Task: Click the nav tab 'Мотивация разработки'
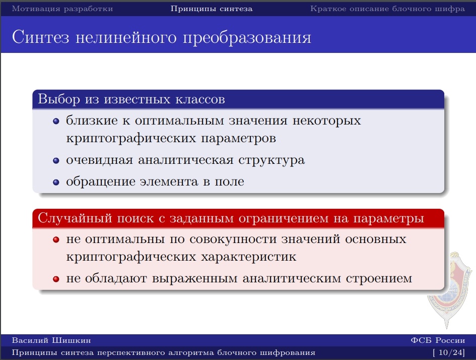click(62, 9)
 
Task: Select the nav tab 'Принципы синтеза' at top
click(212, 9)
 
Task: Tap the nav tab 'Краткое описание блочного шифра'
click(387, 9)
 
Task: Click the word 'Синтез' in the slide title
click(40, 37)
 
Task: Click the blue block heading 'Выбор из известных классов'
click(131, 99)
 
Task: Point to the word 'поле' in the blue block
click(229, 182)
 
